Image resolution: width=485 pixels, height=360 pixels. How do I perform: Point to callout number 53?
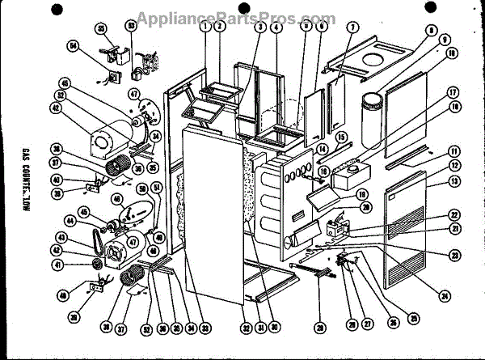click(x=132, y=27)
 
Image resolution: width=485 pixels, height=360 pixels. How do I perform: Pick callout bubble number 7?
click(x=352, y=28)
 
